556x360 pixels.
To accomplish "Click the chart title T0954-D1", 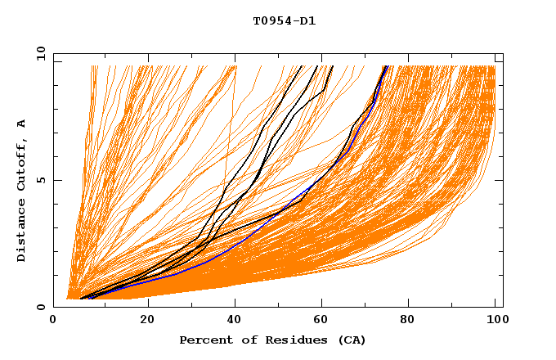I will [x=284, y=21].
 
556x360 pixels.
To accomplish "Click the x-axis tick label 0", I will [x=53, y=320].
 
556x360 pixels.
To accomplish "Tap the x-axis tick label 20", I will [x=147, y=320].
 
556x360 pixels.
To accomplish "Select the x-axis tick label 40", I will [x=235, y=320].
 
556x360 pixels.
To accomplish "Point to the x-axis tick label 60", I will [x=325, y=320].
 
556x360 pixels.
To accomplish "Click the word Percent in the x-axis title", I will [x=203, y=340].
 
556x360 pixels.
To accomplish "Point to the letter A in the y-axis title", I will [x=22, y=124].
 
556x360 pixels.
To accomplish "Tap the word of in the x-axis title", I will [x=243, y=340].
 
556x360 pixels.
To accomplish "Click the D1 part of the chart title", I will [x=307, y=21].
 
